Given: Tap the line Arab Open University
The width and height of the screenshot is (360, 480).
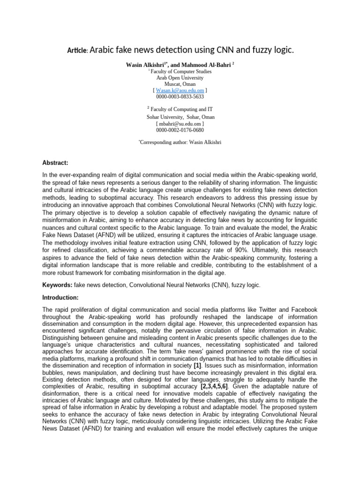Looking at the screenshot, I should click(180, 78).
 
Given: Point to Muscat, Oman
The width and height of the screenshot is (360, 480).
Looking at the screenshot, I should click(180, 84).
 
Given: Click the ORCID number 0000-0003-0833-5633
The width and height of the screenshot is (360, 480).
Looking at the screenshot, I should click(180, 96).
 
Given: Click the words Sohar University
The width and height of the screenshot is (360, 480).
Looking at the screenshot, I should click(162, 117).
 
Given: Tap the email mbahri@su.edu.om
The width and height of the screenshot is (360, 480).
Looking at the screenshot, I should click(180, 123).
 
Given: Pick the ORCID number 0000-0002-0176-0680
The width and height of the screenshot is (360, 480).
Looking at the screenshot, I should click(180, 130).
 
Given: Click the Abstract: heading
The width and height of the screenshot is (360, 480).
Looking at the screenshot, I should click(55, 163).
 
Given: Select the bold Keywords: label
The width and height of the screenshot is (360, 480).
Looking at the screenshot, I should click(57, 285).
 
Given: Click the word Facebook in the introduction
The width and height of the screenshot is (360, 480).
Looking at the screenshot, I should click(300, 310).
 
